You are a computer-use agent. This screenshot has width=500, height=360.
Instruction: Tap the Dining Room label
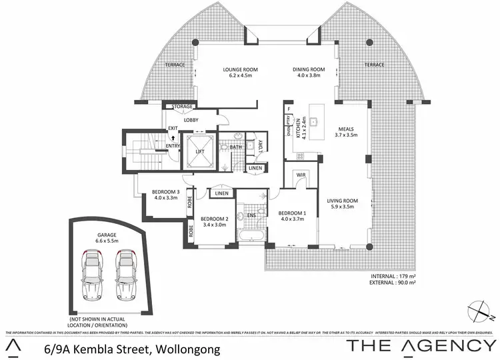pos(308,73)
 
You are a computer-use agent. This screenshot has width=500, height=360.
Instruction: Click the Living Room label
pos(342,204)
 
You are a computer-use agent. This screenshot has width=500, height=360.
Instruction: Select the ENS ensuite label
pos(253,215)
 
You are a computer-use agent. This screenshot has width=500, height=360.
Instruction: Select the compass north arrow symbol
pos(479,309)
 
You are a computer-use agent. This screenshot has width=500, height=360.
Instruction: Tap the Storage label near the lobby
pos(182,107)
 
